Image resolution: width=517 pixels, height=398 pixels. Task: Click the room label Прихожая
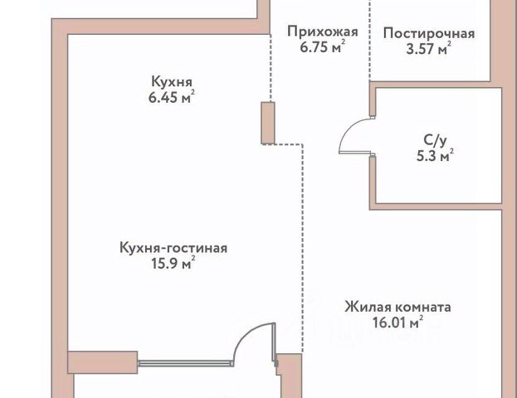[x=322, y=32]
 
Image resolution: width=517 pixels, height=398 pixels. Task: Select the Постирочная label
[x=429, y=34]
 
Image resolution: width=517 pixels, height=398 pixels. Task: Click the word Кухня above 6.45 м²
[x=173, y=82]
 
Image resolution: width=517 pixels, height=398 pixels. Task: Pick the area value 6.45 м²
[x=173, y=98]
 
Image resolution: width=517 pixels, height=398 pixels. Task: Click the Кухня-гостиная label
[x=173, y=247]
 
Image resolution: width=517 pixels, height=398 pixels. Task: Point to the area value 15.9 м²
[x=173, y=264]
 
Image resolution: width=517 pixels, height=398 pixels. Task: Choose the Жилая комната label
[x=398, y=307]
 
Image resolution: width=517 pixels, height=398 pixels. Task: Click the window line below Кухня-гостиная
[x=183, y=362]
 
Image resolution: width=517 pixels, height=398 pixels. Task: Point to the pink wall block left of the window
[x=102, y=362]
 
